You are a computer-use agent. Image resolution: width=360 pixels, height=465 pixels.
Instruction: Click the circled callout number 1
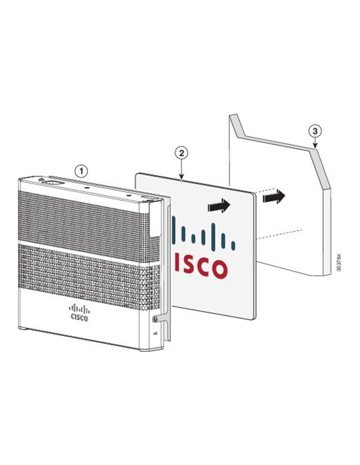[x=81, y=171]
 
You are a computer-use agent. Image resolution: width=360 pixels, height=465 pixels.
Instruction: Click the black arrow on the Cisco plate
[x=219, y=205]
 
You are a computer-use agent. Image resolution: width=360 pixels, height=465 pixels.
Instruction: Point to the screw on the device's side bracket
[x=154, y=319]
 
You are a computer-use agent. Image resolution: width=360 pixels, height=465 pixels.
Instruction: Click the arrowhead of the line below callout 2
[x=181, y=177]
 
